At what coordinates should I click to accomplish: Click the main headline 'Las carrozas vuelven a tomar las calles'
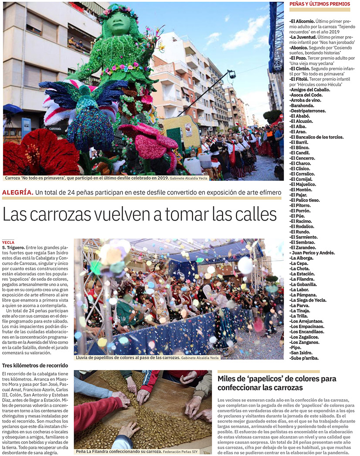[140, 214]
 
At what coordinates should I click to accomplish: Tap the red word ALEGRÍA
[18, 192]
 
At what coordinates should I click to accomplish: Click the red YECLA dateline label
[8, 242]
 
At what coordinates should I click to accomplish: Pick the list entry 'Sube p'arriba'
[304, 358]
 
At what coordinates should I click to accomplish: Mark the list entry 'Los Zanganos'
[305, 342]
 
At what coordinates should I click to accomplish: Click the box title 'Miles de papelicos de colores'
[277, 383]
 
